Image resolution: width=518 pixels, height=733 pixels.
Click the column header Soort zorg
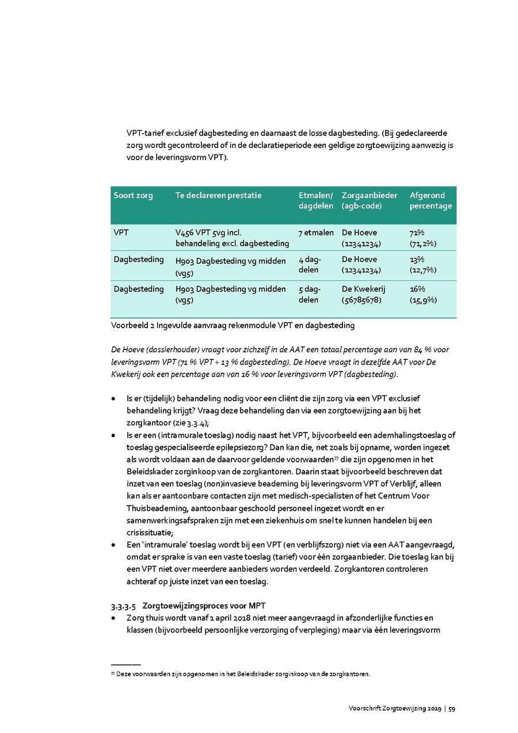133,196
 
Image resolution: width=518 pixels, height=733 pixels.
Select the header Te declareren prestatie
218,196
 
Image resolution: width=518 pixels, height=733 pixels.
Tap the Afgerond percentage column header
431,201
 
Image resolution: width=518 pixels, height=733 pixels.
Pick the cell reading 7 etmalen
316,233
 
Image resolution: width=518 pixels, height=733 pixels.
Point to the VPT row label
121,233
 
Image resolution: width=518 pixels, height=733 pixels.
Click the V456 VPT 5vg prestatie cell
232,238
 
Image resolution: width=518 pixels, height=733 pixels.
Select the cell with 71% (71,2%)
423,238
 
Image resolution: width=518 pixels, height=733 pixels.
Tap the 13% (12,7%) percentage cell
423,265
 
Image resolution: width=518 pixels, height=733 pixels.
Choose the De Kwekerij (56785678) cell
364,294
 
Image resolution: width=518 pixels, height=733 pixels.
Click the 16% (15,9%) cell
423,294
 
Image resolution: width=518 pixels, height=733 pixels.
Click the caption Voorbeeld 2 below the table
233,325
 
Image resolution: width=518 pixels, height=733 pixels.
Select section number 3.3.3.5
124,606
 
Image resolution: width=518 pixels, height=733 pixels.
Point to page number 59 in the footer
452,708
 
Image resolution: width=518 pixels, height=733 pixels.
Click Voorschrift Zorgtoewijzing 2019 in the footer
394,708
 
